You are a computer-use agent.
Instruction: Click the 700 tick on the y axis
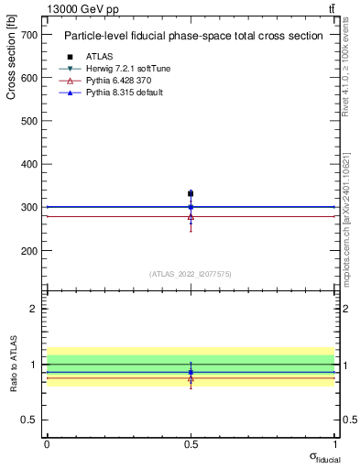pos(29,35)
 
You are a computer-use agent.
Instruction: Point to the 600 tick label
pos(29,78)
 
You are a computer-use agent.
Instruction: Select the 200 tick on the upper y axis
pos(29,251)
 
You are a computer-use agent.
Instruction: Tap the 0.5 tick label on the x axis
pos(191,443)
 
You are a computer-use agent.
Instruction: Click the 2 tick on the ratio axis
pos(34,309)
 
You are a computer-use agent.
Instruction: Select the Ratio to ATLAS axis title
pos(13,365)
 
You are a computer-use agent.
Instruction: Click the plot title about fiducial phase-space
pos(192,36)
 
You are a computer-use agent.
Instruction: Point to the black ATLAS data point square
pos(191,193)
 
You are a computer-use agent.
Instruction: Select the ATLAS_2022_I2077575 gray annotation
pos(191,273)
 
